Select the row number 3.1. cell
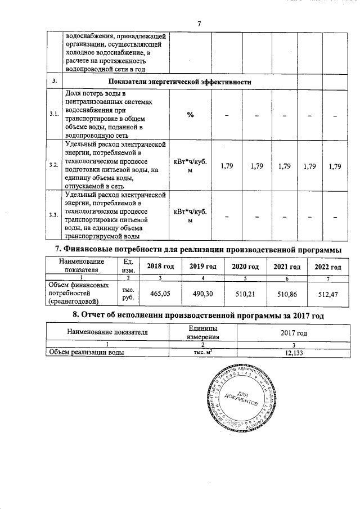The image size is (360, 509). [53, 114]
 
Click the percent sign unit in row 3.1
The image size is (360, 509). [190, 114]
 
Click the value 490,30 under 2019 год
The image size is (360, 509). [203, 293]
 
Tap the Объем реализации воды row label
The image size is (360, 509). [87, 353]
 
